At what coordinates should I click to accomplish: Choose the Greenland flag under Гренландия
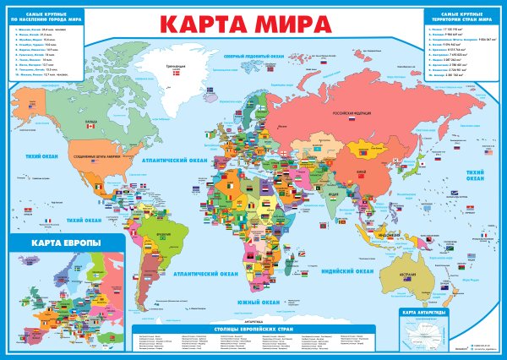point(174,75)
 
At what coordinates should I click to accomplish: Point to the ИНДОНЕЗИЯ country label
point(395,234)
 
